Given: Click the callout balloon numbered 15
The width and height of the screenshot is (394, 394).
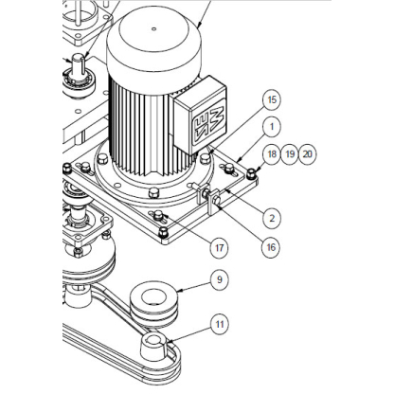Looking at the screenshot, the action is click(272, 100).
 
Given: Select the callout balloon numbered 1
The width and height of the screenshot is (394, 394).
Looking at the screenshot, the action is click(272, 127).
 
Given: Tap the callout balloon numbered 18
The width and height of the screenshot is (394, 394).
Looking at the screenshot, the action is click(272, 154).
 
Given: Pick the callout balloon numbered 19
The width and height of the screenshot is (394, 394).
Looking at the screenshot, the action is click(290, 154).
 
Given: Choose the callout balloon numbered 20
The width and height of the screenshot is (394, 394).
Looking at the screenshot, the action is click(307, 154).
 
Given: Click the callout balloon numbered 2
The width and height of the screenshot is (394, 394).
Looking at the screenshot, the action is click(272, 218).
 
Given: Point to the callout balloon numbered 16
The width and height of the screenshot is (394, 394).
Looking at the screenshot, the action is click(271, 247).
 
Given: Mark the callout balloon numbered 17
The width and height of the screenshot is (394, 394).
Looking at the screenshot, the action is click(220, 248).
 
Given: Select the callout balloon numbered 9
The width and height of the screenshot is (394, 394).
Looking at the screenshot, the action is click(220, 279).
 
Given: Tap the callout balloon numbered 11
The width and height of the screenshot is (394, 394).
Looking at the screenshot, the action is click(220, 325).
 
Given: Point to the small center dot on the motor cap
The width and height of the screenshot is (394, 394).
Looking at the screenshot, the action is click(154, 29).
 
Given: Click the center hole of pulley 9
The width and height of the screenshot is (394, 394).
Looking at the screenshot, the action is click(154, 297).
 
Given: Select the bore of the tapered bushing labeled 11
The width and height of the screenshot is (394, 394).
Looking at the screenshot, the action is click(152, 340).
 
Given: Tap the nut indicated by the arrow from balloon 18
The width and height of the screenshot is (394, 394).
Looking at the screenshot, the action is click(251, 173).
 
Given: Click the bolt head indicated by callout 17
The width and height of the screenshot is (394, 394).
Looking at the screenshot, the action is click(157, 216).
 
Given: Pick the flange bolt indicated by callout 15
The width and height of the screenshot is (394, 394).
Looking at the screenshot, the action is click(206, 157).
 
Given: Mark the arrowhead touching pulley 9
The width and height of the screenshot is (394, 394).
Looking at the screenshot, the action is click(179, 291).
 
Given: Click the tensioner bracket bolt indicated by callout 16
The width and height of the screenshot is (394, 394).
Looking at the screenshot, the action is click(217, 200).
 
